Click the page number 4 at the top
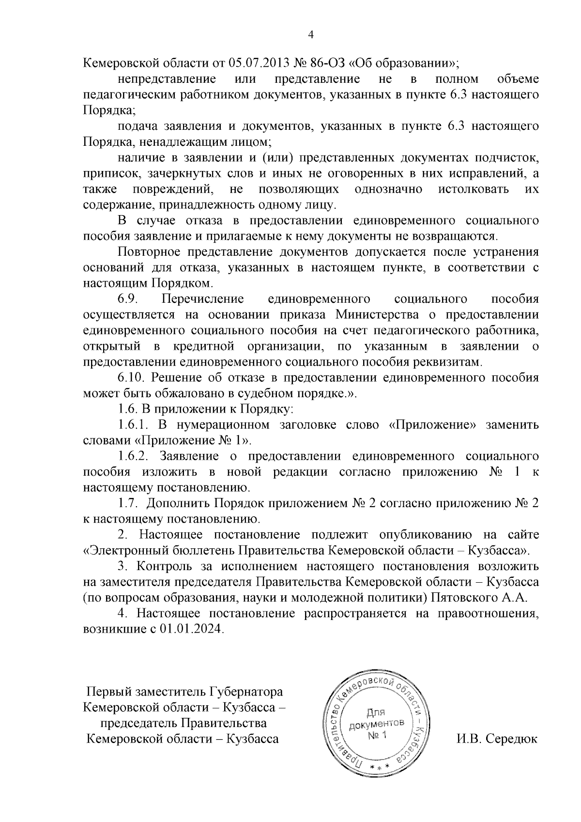coord(311,34)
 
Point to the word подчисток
coord(507,158)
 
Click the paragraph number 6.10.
coord(132,378)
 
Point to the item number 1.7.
coord(128,504)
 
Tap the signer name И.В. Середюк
coord(497,739)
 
